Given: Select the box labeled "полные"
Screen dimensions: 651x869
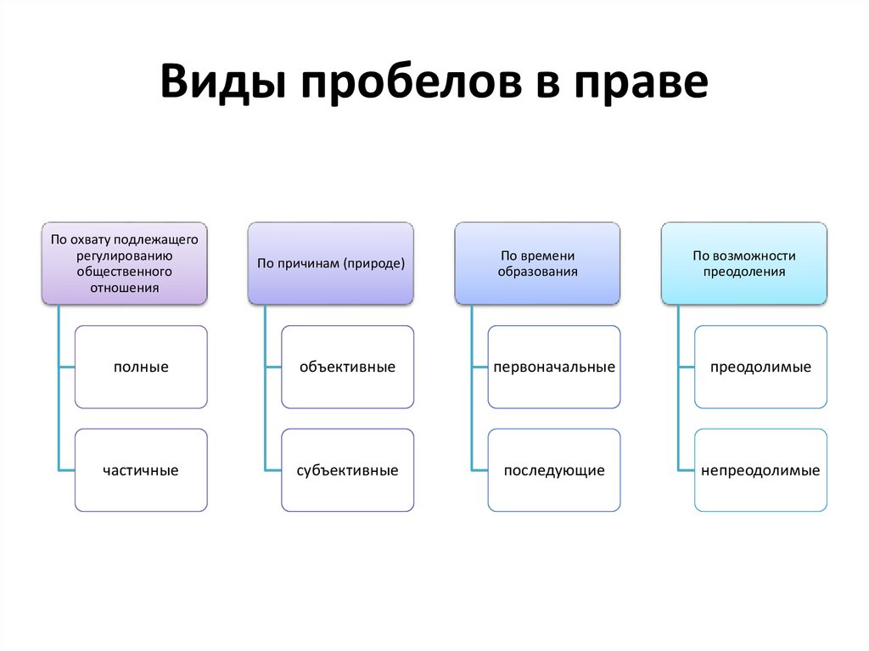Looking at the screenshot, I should coord(141,368).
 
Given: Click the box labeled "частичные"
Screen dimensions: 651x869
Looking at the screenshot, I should coord(141,470).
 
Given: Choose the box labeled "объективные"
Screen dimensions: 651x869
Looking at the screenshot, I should coord(348,368).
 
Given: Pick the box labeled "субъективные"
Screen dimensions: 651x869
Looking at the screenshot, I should coord(348,470).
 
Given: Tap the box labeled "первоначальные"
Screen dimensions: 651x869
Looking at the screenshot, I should coord(554,368).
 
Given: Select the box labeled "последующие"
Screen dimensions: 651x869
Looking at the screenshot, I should coord(554,470).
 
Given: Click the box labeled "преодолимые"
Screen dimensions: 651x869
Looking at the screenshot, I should coord(761,368).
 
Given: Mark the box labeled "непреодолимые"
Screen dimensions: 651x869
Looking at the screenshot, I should coord(761,470).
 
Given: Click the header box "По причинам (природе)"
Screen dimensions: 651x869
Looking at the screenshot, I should coord(331,263).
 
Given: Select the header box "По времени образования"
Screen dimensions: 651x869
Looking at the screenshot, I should coord(537,263).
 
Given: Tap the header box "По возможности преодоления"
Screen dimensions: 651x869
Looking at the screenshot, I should coord(744,263).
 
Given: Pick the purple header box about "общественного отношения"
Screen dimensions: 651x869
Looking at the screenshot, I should coord(124,263).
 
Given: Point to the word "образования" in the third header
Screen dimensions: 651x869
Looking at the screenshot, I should coord(538,272).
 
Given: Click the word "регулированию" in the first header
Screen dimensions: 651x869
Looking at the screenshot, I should coord(124,255).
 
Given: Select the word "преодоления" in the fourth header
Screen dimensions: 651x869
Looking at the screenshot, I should coord(744,272).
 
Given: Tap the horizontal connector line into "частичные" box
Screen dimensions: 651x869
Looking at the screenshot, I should coord(67,470).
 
